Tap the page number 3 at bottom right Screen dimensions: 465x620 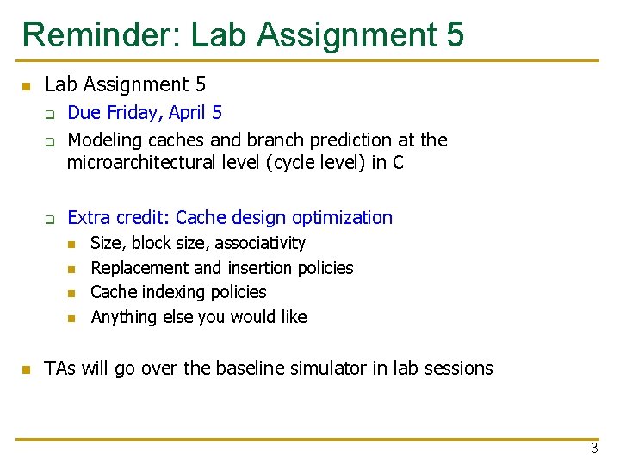[594, 448]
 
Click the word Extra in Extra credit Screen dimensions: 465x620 [88, 218]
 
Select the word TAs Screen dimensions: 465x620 [60, 369]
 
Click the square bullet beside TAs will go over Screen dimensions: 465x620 [26, 369]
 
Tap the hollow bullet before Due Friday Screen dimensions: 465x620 [50, 114]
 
